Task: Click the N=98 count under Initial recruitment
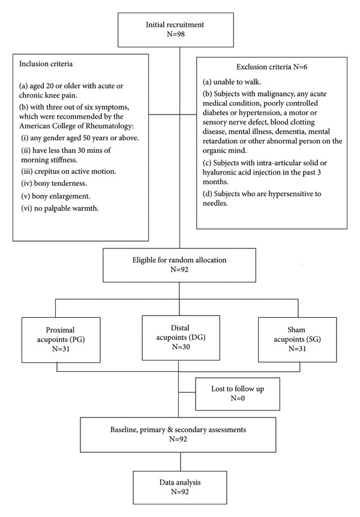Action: (x=176, y=34)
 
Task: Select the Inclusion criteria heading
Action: (x=46, y=64)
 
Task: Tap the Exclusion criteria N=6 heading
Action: (x=272, y=67)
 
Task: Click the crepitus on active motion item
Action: (x=68, y=172)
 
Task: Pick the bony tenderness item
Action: (x=54, y=184)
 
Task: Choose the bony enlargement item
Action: (x=56, y=196)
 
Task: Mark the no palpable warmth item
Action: (x=60, y=208)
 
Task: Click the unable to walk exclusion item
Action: (x=232, y=82)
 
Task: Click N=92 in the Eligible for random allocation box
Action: (x=179, y=269)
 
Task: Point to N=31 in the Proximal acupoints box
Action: (x=61, y=348)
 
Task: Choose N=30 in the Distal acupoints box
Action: (x=181, y=347)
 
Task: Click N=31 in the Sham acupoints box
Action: (x=298, y=348)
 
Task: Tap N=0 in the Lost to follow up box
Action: (x=238, y=398)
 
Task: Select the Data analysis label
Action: (x=180, y=482)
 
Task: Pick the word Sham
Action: (x=296, y=330)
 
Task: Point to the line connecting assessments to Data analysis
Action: (x=181, y=462)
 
